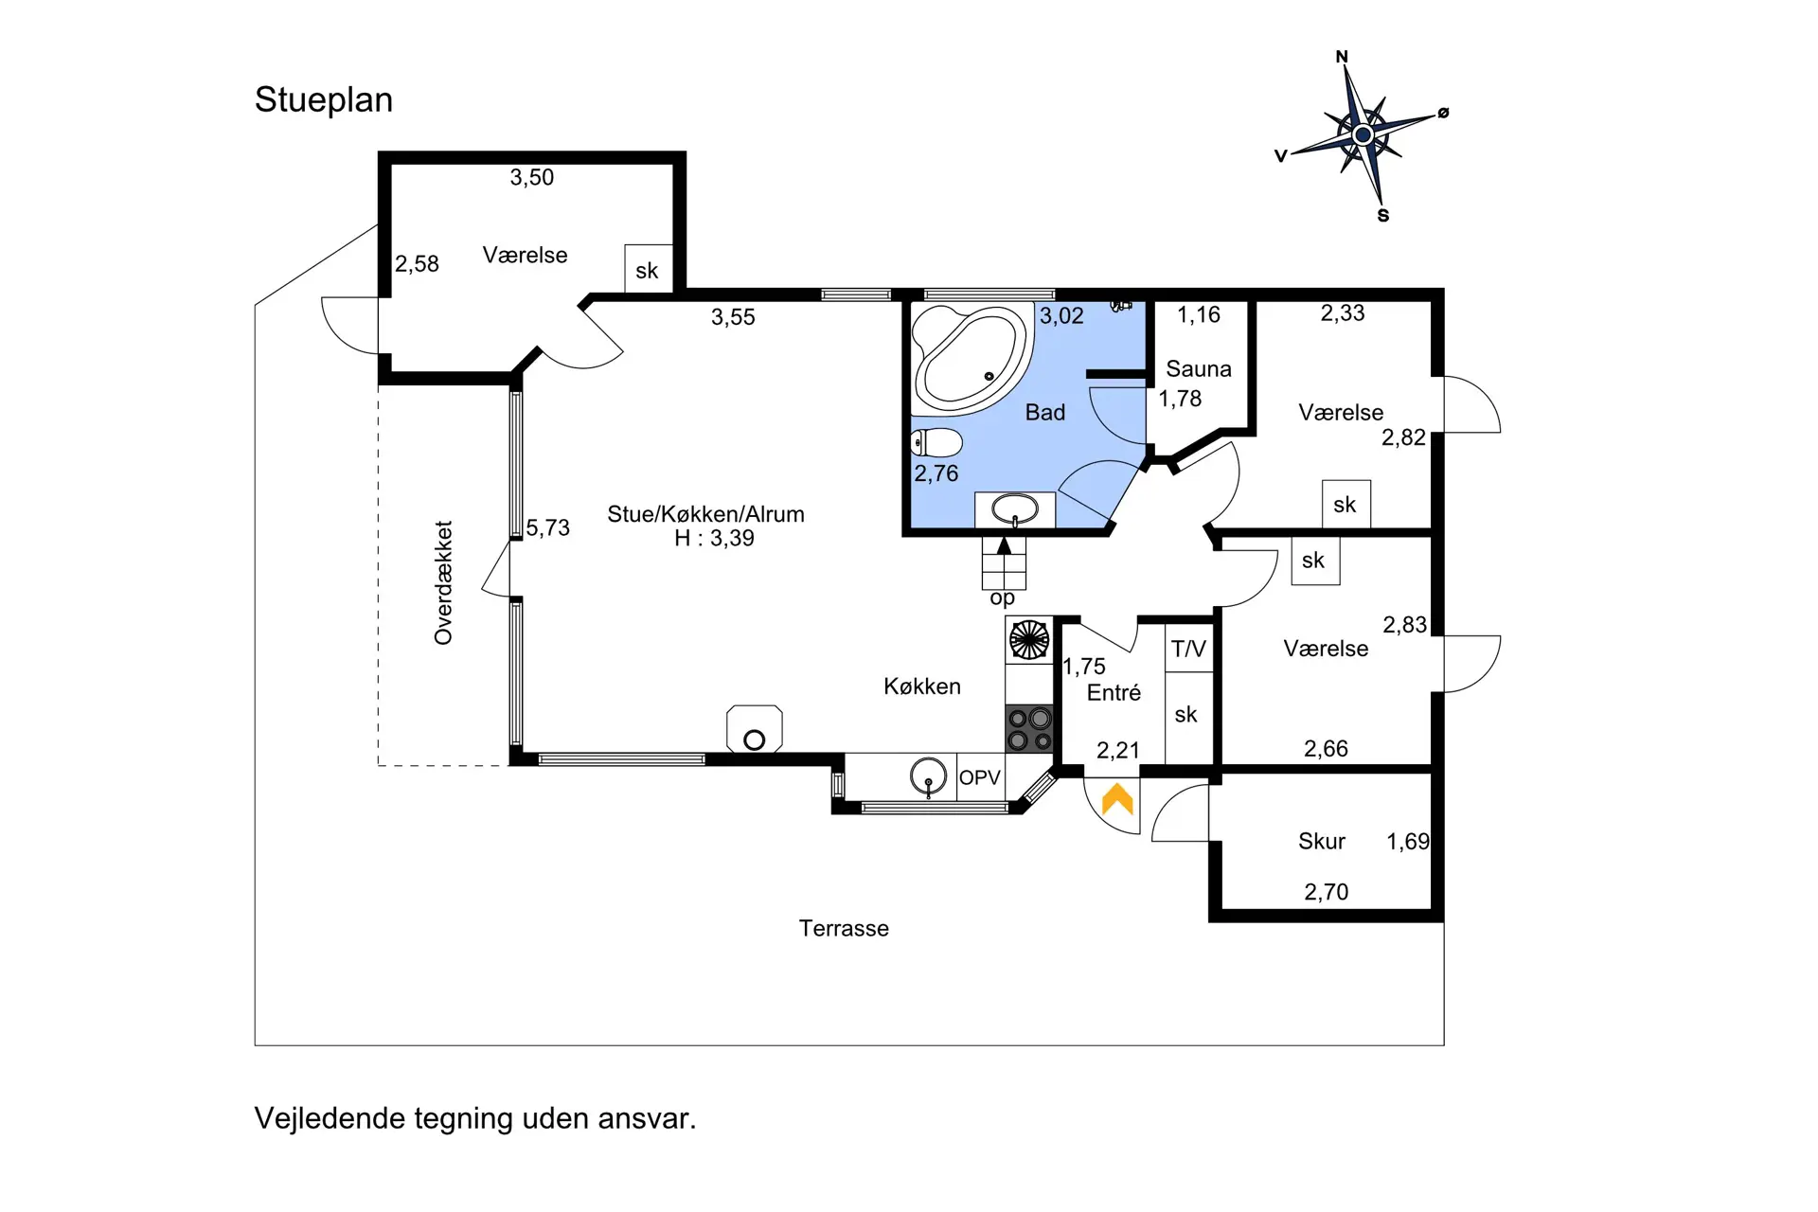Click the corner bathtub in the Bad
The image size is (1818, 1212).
971,359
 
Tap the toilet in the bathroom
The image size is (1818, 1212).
936,442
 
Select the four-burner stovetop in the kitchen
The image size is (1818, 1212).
1029,729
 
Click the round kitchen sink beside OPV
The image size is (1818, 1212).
928,776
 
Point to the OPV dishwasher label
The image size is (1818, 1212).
979,777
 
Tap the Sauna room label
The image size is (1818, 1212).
1199,368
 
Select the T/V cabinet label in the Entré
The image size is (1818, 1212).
1188,649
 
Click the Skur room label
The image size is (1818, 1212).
1321,841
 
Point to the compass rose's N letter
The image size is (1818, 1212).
1342,57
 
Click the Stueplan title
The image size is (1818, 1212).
324,100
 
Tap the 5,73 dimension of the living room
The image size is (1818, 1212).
548,527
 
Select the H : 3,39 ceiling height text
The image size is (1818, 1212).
714,538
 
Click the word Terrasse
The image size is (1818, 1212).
844,928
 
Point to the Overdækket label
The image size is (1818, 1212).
443,582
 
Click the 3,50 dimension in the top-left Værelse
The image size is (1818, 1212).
532,177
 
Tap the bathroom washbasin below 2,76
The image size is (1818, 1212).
1015,509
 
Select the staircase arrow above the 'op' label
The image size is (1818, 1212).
1004,545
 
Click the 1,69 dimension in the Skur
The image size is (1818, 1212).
1408,841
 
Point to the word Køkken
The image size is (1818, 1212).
922,686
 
